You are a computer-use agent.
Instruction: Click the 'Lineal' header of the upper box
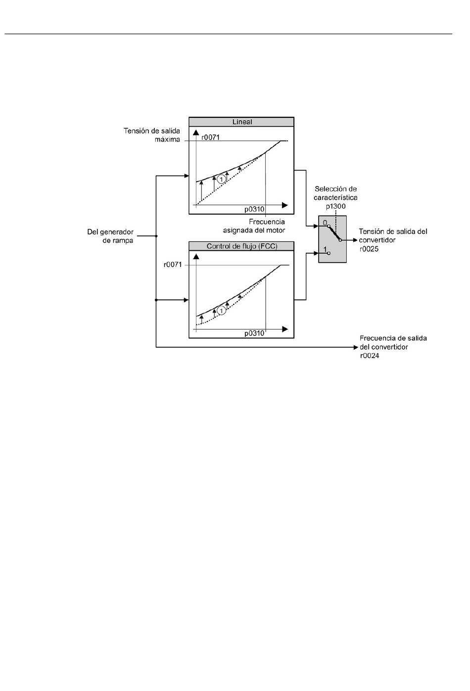(242, 122)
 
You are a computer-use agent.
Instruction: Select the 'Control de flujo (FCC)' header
(242, 246)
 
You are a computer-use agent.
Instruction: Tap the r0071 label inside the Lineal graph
(210, 138)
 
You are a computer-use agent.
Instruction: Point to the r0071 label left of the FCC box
(173, 265)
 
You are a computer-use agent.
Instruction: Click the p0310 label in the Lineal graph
(254, 209)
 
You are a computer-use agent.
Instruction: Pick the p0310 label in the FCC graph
(254, 333)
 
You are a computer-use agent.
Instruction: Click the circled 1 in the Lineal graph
(221, 179)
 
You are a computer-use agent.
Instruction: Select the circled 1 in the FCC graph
(221, 310)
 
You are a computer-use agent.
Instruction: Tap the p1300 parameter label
(336, 206)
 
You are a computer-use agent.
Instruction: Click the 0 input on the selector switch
(325, 223)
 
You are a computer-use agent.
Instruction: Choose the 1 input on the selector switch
(325, 249)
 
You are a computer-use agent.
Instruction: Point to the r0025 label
(369, 249)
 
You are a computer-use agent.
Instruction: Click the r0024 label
(370, 356)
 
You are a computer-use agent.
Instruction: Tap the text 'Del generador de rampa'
(110, 236)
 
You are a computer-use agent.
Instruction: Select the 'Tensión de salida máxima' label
(152, 135)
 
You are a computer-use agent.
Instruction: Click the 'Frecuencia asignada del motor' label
(254, 226)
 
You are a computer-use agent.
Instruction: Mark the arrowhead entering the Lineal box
(187, 176)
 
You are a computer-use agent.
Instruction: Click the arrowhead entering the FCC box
(187, 300)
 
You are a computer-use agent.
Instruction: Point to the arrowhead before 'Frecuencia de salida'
(355, 347)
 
